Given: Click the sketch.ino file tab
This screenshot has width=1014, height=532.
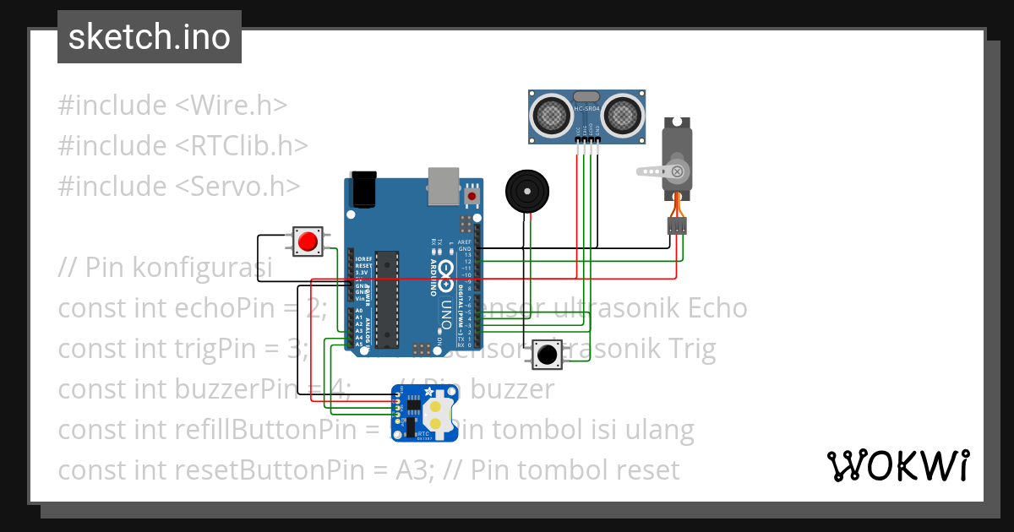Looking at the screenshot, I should [x=150, y=37].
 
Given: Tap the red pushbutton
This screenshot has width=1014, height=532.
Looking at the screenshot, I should [x=308, y=242].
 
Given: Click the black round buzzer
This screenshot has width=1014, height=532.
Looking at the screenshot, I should [x=526, y=191].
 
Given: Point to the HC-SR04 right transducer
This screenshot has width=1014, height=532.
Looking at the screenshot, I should [x=624, y=113].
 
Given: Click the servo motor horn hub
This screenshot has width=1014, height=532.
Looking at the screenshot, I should [x=677, y=171].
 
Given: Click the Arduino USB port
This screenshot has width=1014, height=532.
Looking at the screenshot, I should [x=444, y=185].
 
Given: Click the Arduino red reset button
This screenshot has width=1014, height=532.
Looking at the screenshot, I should [x=472, y=197].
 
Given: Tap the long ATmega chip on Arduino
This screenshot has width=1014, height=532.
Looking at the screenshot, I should [x=387, y=300].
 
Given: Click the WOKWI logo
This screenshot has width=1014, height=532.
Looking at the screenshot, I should [x=897, y=465].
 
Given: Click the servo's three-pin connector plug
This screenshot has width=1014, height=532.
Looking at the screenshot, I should [x=677, y=225].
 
